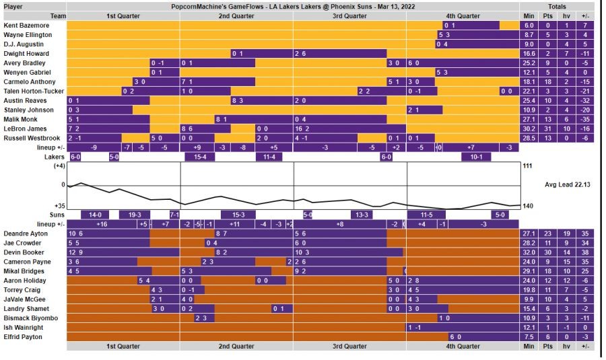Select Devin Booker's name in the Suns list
click(24, 252)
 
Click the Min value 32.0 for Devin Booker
click(528, 252)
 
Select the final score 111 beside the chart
click(527, 166)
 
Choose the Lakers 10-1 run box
click(476, 157)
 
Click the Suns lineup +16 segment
click(102, 224)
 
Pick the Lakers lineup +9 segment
click(197, 147)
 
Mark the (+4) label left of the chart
click(59, 166)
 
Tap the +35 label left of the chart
click(59, 206)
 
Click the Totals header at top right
click(556, 6)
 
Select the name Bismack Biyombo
click(30, 318)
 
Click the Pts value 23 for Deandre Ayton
click(547, 233)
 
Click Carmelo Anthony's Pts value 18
click(547, 81)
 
